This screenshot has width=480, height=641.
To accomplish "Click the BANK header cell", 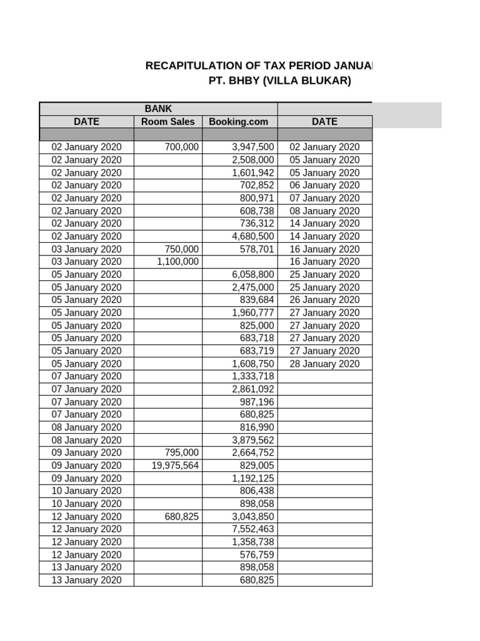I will coord(158,109).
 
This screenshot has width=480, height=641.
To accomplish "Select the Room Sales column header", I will coord(167,122).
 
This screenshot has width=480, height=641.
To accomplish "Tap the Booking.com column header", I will coord(239,122).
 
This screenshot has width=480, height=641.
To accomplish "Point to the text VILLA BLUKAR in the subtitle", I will coord(308,81).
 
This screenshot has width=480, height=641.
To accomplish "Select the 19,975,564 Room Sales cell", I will coord(175,465).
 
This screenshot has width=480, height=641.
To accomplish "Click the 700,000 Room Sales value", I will coord(181,147).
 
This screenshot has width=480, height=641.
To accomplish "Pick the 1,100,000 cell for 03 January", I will coord(177,262).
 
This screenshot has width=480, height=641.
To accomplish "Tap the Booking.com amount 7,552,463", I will coord(252,529).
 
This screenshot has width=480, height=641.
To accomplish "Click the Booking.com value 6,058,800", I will coord(252,274).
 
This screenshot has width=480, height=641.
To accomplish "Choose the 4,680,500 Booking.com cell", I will coord(252,236).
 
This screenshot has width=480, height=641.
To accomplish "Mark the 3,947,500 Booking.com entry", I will coord(252,147).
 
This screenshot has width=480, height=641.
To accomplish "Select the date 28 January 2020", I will coord(324,364).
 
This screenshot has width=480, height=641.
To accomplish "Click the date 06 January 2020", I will coord(324,185).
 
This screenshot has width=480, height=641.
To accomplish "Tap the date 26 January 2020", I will coord(324,300).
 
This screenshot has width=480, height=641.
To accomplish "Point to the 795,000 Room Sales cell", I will coord(181,453).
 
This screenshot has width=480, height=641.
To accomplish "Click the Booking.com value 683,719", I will coord(257,351).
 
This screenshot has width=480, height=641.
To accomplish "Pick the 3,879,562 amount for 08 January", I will coord(252,440).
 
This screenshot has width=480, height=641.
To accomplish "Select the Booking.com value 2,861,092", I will coord(252,389).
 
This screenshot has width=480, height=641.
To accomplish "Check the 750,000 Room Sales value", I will coord(181,249).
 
